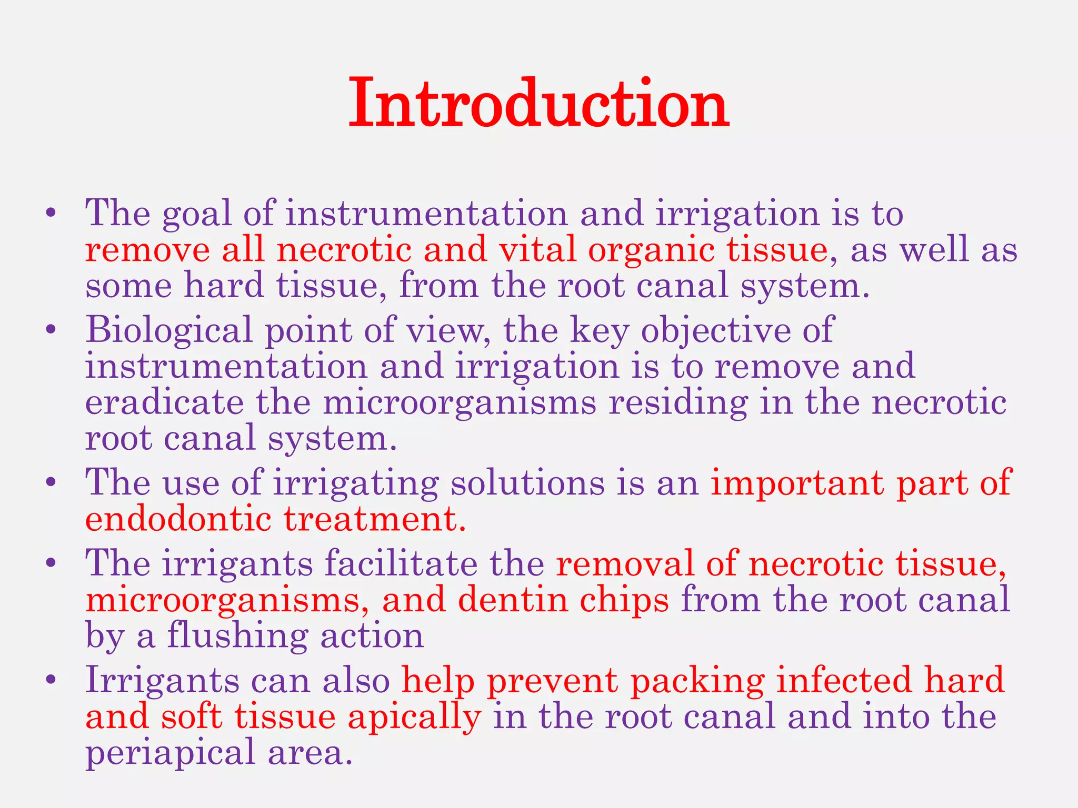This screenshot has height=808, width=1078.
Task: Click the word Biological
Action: point(169,331)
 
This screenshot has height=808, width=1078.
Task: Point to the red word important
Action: point(797,483)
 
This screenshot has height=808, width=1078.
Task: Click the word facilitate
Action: point(401,563)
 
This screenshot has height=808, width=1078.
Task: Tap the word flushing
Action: point(237,636)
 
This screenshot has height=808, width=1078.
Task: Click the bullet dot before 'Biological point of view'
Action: point(51,330)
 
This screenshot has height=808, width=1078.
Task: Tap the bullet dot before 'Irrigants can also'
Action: point(51,680)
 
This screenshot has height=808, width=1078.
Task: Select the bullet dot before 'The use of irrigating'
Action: point(51,482)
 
